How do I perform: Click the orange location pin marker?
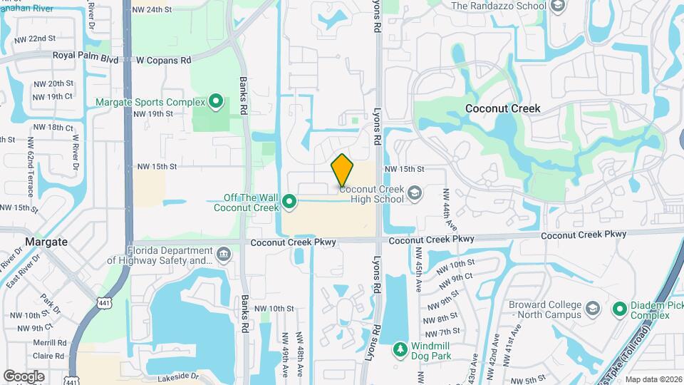[342, 170]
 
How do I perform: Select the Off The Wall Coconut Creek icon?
[289, 202]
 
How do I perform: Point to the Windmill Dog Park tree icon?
[400, 350]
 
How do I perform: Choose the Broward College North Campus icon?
[592, 309]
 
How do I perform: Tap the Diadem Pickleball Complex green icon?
[619, 309]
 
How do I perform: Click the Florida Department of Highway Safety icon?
[223, 255]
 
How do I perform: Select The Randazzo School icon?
[558, 6]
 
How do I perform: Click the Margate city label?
[46, 242]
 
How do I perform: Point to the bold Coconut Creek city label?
[502, 108]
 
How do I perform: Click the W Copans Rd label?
[164, 60]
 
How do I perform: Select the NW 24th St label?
[153, 10]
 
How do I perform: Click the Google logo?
[24, 376]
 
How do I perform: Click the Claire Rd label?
[49, 356]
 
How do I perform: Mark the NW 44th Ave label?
[447, 203]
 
